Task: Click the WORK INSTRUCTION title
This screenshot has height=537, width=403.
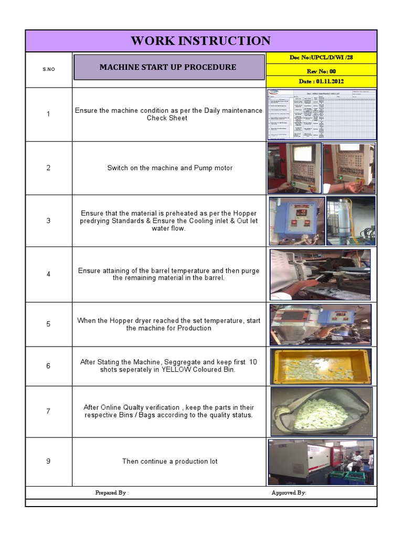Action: pyautogui.click(x=200, y=41)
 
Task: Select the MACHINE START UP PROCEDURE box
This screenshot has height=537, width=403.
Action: pyautogui.click(x=168, y=67)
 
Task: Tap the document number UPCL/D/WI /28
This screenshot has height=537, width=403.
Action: pyautogui.click(x=321, y=57)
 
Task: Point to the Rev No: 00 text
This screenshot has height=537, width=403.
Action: pyautogui.click(x=321, y=71)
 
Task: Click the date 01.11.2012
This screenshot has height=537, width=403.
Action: pyautogui.click(x=321, y=81)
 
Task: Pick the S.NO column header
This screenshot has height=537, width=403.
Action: pyautogui.click(x=48, y=69)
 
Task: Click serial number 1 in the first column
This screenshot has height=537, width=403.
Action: pyautogui.click(x=48, y=114)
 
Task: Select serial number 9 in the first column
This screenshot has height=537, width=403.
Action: pyautogui.click(x=48, y=461)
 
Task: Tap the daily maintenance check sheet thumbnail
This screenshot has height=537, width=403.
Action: pyautogui.click(x=321, y=114)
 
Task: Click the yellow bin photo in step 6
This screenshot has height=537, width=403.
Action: pyautogui.click(x=321, y=366)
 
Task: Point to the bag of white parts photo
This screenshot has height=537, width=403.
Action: pyautogui.click(x=321, y=412)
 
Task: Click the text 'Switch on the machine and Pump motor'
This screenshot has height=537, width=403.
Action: pyautogui.click(x=169, y=168)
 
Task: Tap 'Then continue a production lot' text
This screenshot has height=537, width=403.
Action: pyautogui.click(x=169, y=461)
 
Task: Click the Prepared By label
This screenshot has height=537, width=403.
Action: pyautogui.click(x=112, y=493)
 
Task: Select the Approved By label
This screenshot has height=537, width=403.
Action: pyautogui.click(x=289, y=493)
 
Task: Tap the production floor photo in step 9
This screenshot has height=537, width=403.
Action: pyautogui.click(x=321, y=461)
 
